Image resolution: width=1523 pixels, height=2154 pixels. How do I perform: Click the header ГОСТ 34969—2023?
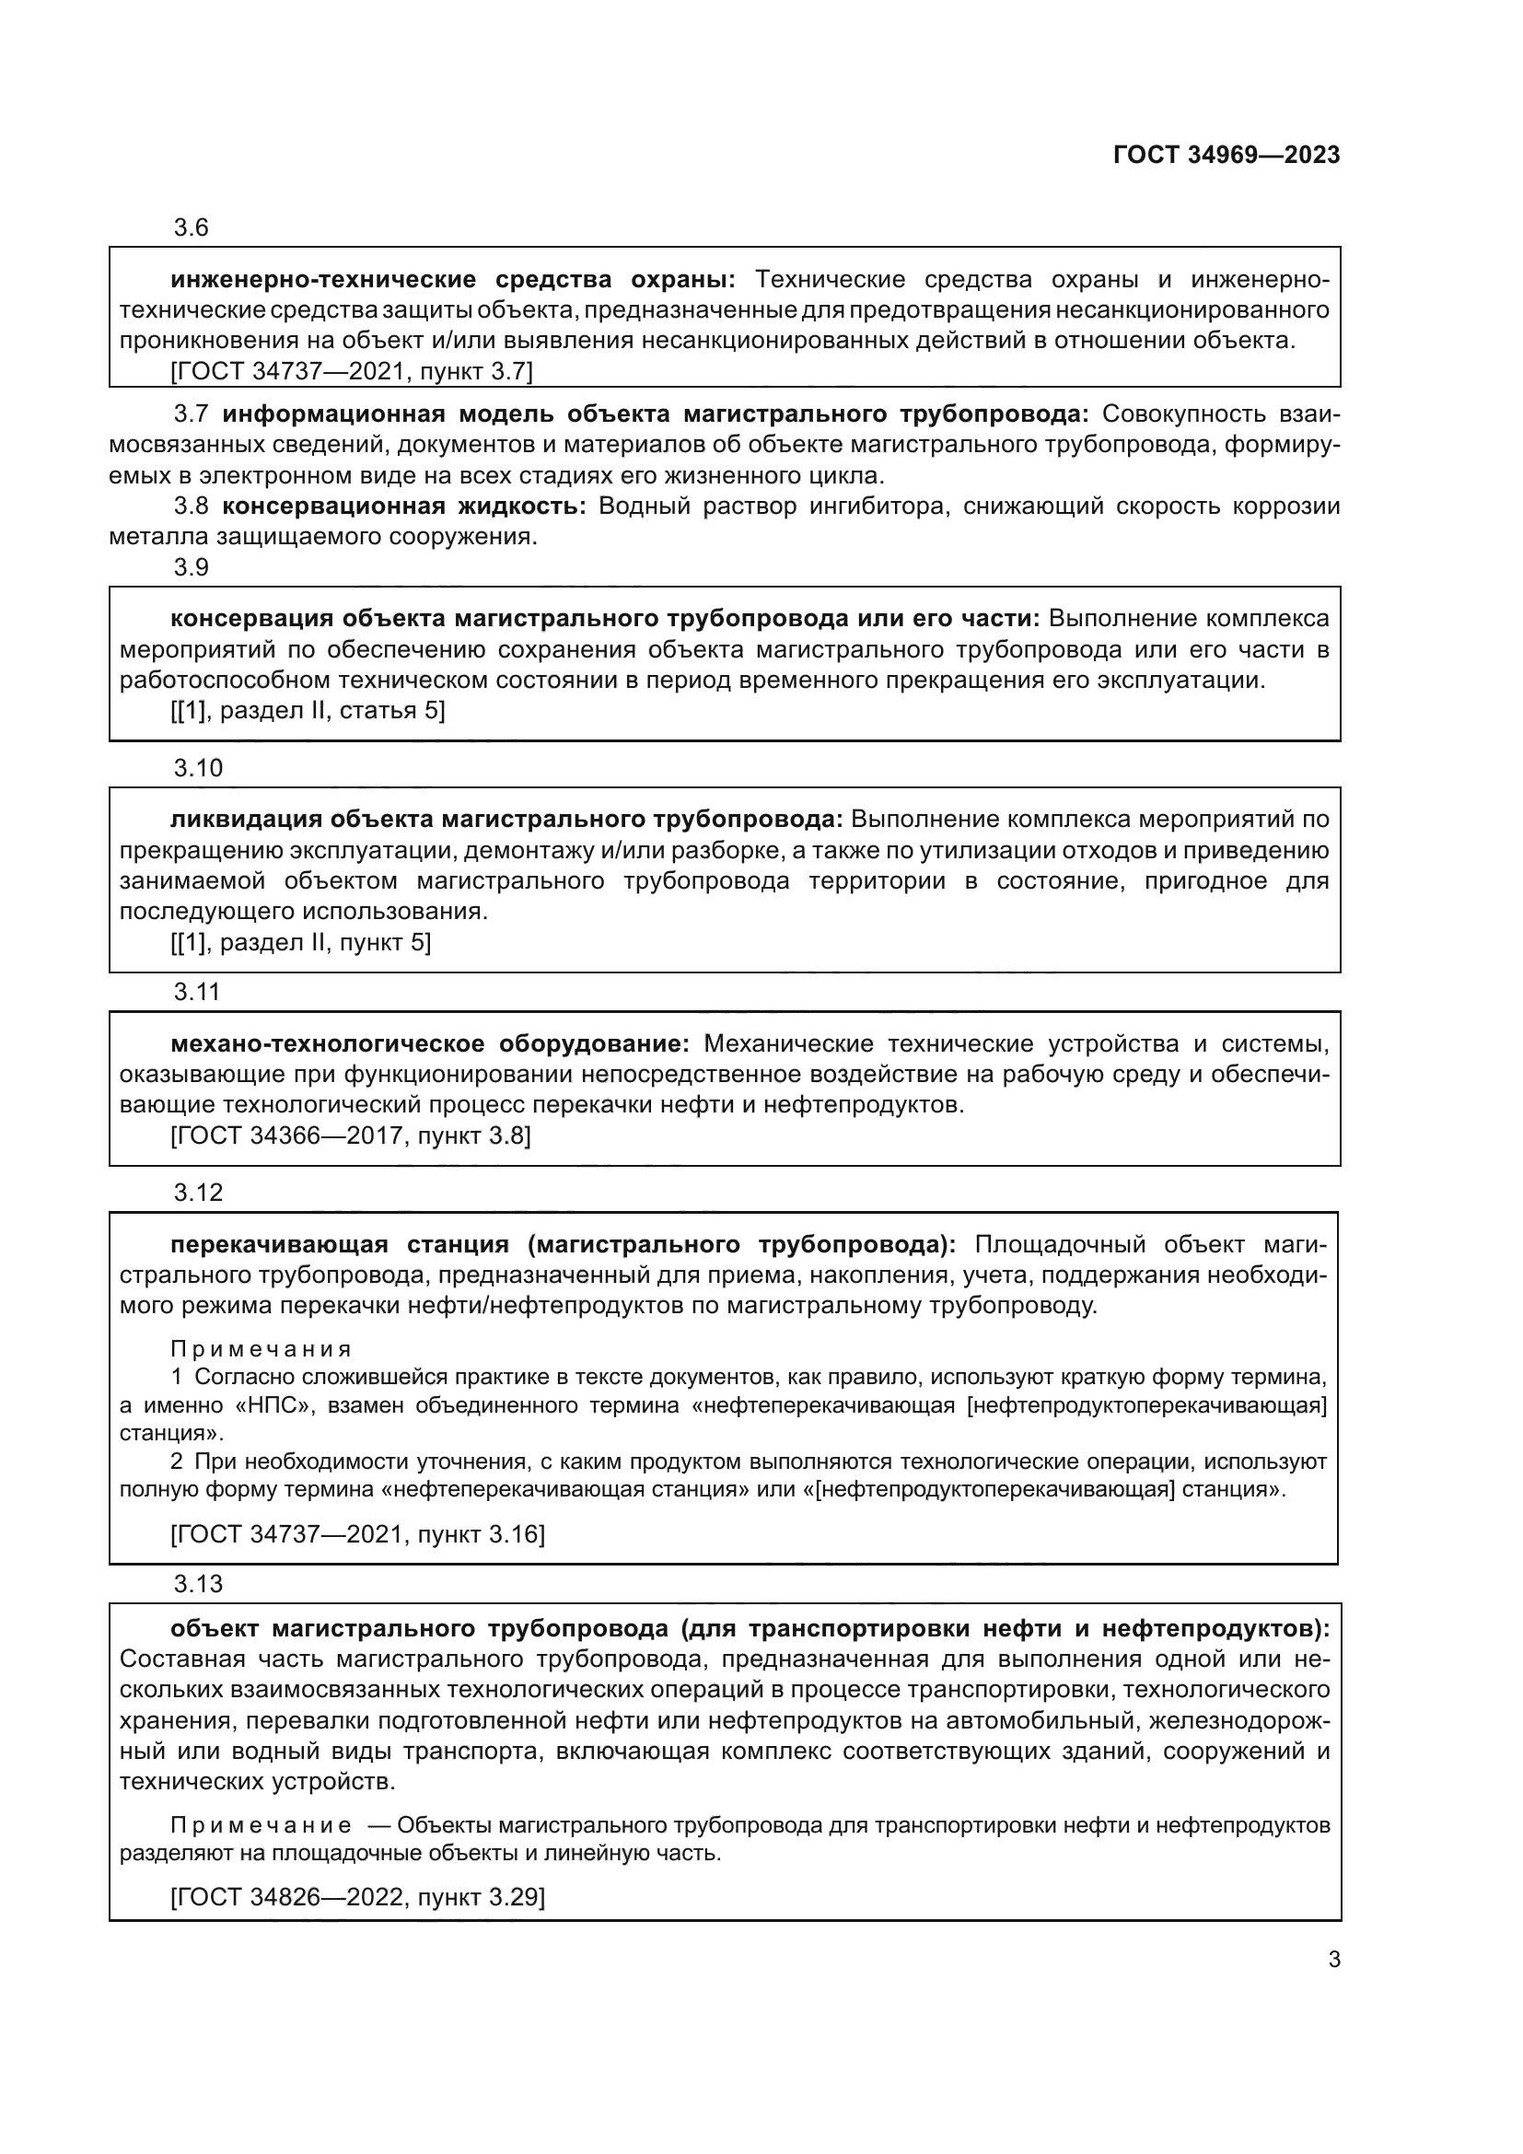click(x=1226, y=155)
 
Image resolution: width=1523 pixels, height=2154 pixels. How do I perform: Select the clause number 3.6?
click(x=191, y=228)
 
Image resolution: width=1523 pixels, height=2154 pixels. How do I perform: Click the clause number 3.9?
click(x=191, y=567)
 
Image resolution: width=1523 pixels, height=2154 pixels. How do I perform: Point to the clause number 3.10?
click(x=198, y=768)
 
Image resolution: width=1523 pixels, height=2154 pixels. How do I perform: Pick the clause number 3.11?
click(x=197, y=992)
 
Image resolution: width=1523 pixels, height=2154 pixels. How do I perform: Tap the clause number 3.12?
click(x=198, y=1193)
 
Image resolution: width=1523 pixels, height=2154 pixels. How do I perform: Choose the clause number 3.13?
click(x=198, y=1584)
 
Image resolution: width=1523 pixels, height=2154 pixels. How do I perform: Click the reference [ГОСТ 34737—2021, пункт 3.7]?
click(x=352, y=371)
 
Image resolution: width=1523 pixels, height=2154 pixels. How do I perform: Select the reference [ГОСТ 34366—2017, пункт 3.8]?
click(x=351, y=1136)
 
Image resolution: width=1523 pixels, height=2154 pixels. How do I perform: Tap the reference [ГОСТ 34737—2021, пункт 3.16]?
click(x=357, y=1534)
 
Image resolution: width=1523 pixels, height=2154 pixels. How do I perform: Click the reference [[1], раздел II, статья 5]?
click(x=308, y=711)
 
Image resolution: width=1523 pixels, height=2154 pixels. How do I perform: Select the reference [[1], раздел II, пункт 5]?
click(x=300, y=942)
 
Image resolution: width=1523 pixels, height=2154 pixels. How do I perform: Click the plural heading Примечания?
click(x=261, y=1349)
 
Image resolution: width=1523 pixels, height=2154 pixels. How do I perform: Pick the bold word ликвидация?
click(x=246, y=820)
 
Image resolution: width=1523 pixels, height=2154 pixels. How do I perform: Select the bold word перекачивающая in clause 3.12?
click(x=278, y=1245)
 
